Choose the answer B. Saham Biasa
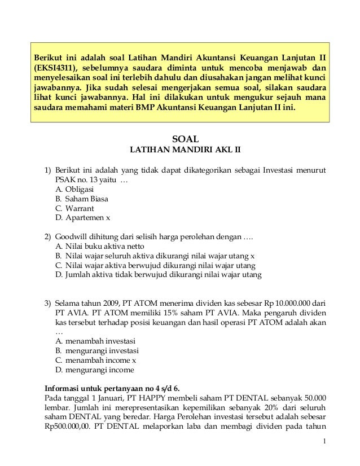(82, 199)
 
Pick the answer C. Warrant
(75, 208)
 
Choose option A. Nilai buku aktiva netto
(100, 246)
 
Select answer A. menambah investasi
(95, 341)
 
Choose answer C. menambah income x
(96, 360)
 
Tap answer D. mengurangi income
(95, 370)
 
